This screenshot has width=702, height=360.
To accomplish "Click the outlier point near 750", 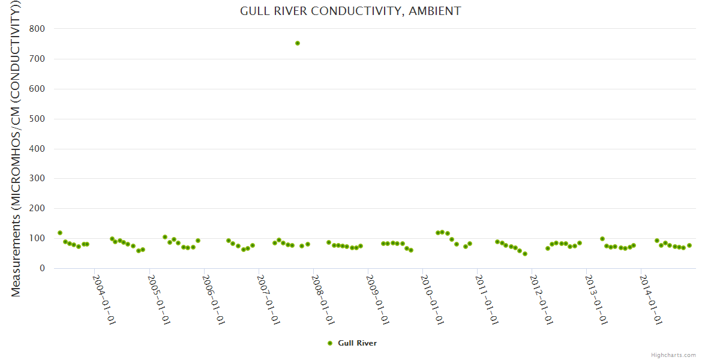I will point(298,43).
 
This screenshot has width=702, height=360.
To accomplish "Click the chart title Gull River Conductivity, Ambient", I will point(350,11).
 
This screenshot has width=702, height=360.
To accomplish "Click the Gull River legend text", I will point(357,343).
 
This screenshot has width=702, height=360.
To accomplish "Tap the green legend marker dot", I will point(329,343).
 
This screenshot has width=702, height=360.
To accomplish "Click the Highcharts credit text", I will point(673,355).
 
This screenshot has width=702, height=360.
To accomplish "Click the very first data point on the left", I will point(60,233).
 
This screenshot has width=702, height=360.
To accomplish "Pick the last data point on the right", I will point(689,245).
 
